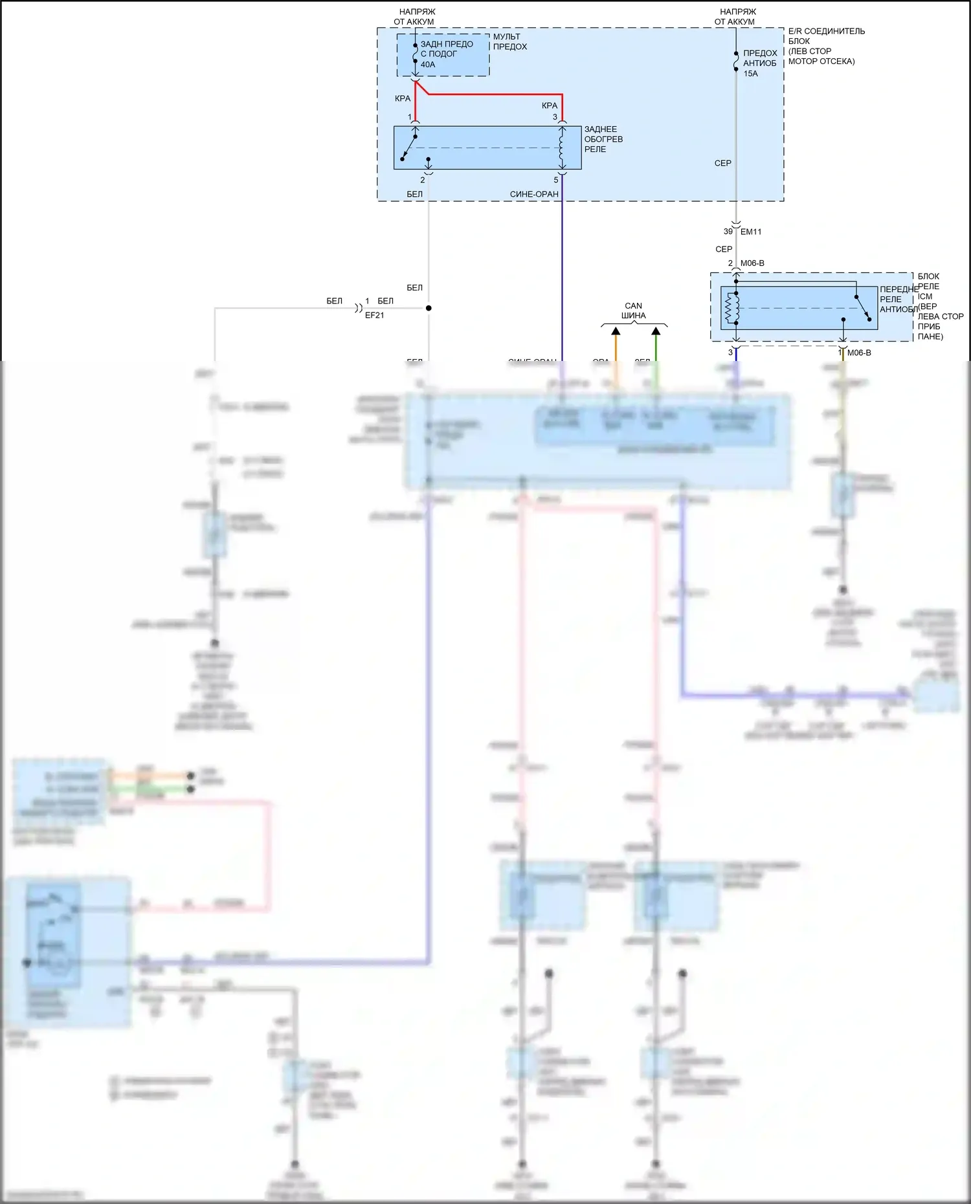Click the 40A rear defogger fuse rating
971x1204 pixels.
tap(428, 65)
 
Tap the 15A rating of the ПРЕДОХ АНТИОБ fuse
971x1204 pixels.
tap(750, 74)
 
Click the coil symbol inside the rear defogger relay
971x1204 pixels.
tap(561, 148)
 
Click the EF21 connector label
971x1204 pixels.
tap(374, 316)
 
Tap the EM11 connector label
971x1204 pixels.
tap(751, 232)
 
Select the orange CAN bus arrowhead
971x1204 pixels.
tap(616, 331)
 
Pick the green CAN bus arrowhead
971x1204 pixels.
tap(656, 331)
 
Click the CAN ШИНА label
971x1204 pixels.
tap(633, 311)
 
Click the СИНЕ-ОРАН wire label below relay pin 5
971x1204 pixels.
tap(534, 194)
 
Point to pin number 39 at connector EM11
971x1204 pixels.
tap(728, 232)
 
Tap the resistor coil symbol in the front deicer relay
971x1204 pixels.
tap(731, 308)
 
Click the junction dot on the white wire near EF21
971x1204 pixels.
tap(429, 308)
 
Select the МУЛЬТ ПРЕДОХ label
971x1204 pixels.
tap(510, 41)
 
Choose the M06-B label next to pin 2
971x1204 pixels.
tap(752, 263)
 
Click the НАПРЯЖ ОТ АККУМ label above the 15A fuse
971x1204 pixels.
tap(736, 17)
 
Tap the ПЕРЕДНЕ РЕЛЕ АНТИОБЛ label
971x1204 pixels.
tap(898, 300)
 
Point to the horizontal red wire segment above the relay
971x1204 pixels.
tap(495, 94)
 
